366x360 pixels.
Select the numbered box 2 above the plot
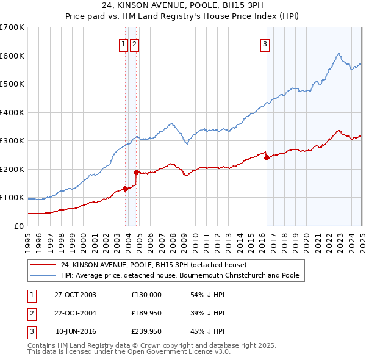coord(134,43)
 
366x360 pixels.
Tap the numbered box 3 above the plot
coord(265,43)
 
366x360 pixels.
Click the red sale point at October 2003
coord(126,189)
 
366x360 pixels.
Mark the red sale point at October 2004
coord(136,172)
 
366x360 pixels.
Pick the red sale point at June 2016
coord(267,157)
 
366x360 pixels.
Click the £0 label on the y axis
coord(20,226)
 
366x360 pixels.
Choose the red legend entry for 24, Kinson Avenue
coord(153,265)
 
